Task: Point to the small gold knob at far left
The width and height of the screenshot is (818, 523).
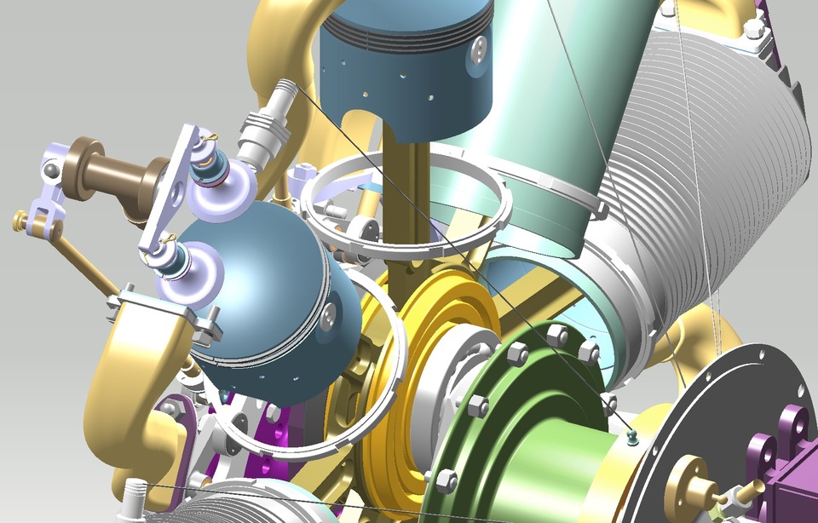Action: [x=20, y=221]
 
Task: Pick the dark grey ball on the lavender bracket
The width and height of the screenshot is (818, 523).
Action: [x=53, y=172]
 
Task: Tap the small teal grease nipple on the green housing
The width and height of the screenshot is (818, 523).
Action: [x=631, y=436]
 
